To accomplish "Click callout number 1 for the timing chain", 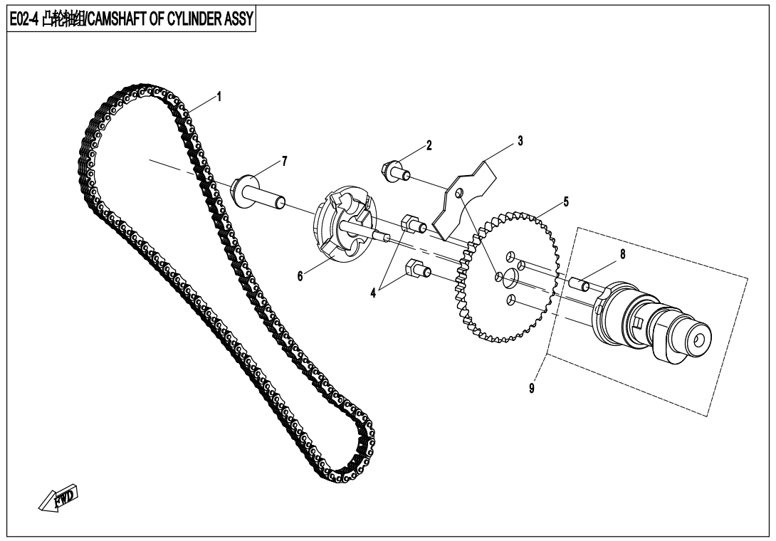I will tap(219, 96).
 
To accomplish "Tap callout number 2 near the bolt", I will tap(429, 146).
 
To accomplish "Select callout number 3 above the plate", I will tap(520, 141).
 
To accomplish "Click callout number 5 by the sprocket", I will tap(566, 201).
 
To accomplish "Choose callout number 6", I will tap(300, 275).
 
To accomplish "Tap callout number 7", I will tap(285, 161).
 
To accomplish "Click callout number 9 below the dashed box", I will tap(533, 389).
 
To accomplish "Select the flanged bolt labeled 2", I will tap(396, 169).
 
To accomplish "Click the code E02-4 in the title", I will tap(24, 19).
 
